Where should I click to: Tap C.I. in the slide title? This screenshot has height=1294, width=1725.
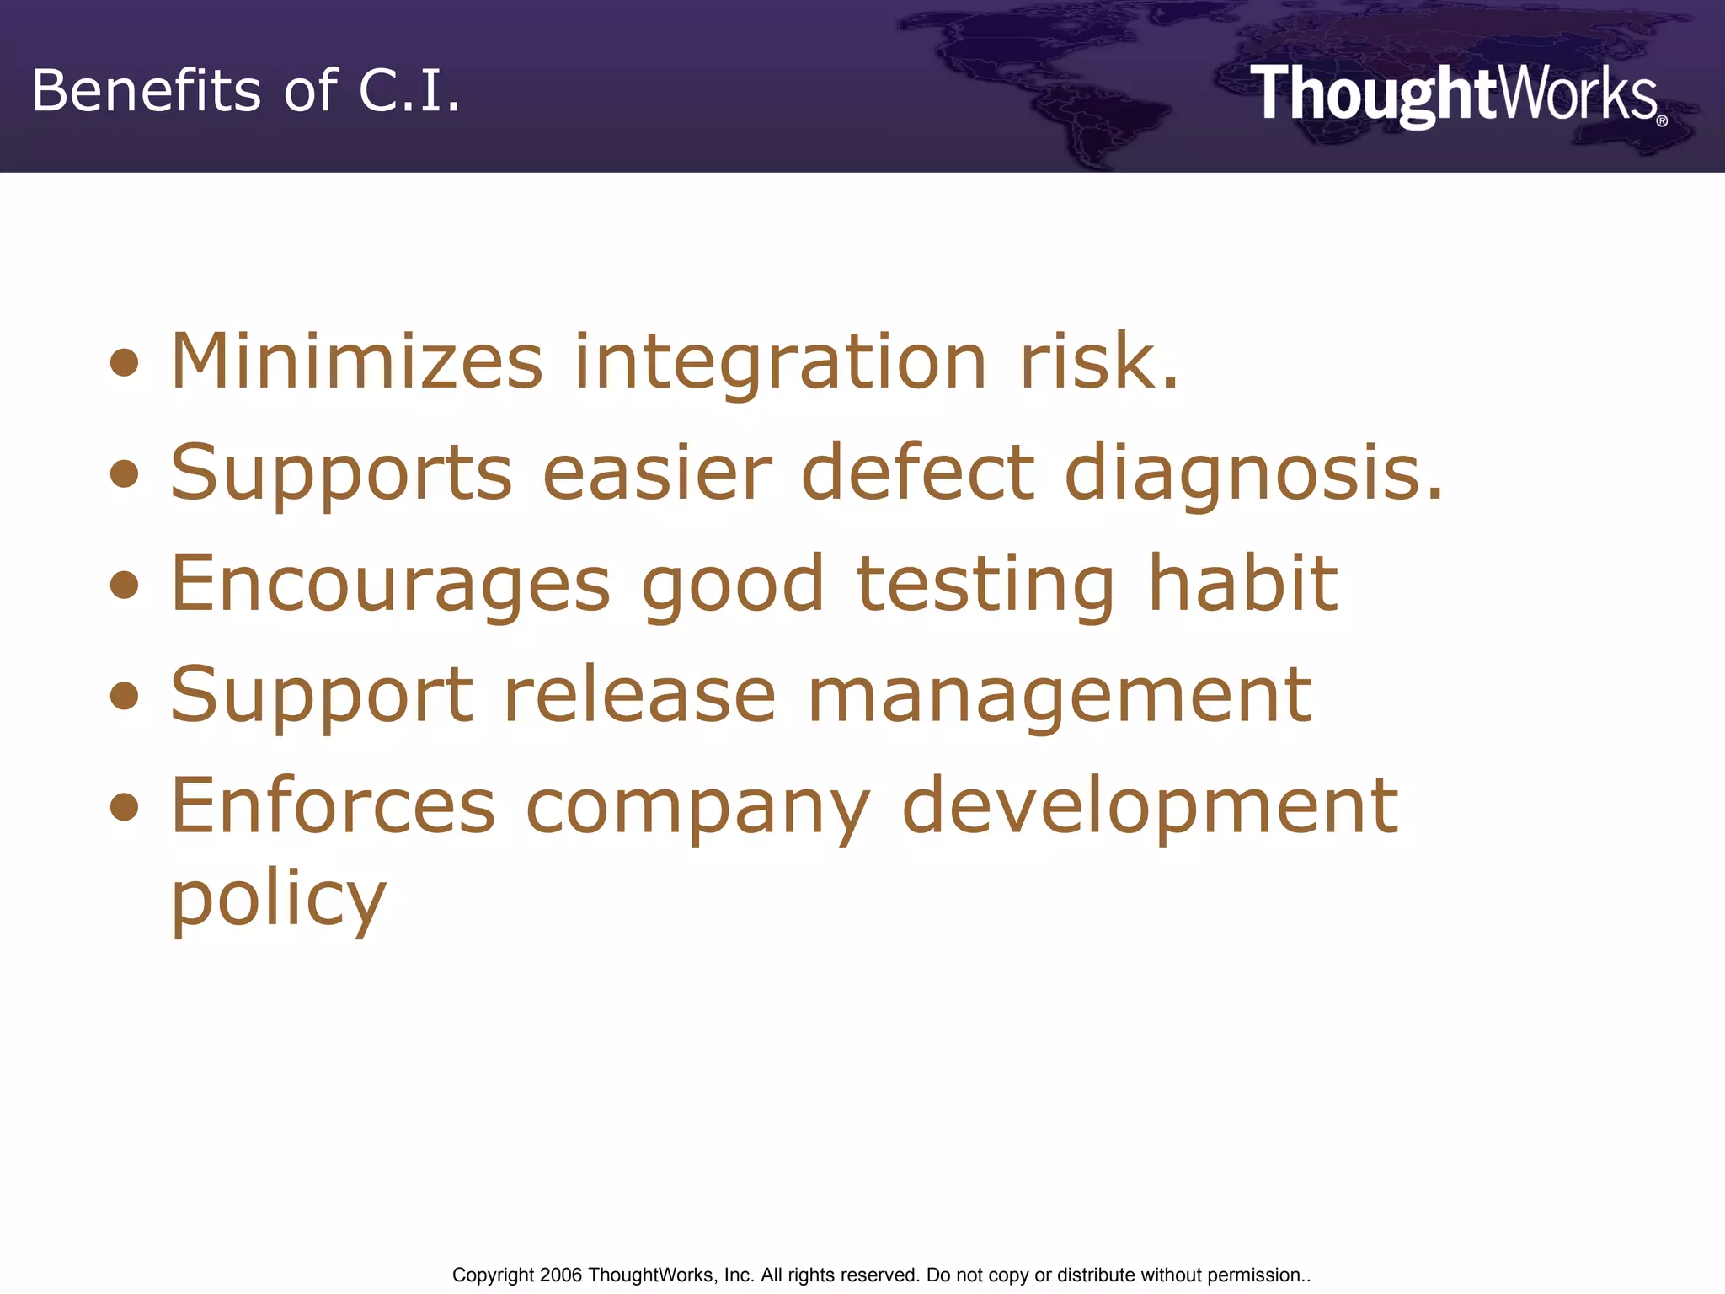pos(409,90)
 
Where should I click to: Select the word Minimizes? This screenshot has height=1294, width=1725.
pos(357,361)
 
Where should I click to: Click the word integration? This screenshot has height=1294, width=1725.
pos(780,363)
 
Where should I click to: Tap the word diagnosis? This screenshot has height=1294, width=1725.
pos(1253,473)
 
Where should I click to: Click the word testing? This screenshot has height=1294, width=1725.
pos(985,585)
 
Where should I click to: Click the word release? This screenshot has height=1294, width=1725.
pos(639,695)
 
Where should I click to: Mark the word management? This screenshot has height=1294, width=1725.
pos(1060,697)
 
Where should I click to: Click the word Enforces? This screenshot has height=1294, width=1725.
pos(334,806)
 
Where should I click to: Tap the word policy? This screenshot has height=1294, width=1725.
pos(279,900)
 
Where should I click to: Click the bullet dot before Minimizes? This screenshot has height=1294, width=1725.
pos(125,363)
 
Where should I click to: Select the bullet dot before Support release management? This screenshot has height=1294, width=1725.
pos(125,696)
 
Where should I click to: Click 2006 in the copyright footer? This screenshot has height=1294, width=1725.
pos(560,1275)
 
